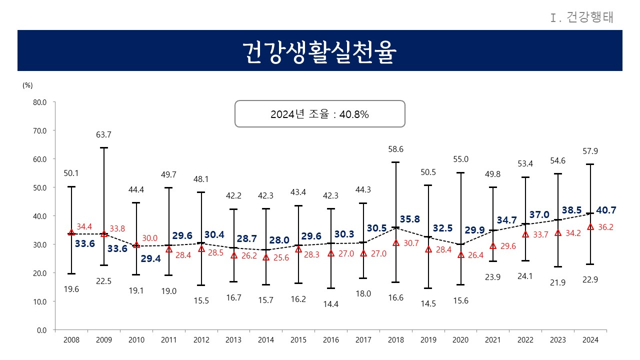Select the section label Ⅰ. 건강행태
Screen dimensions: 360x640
[x=581, y=18]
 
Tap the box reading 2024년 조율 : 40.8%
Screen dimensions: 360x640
[x=319, y=114]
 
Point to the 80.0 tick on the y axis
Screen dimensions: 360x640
[x=39, y=102]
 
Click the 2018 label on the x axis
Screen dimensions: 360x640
[x=395, y=340]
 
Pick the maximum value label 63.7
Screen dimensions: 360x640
[x=103, y=135]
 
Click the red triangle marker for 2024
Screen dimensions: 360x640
[x=590, y=226]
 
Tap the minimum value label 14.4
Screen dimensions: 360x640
[x=330, y=303]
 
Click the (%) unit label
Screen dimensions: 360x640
[x=27, y=85]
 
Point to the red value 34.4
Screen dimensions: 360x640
[x=84, y=226]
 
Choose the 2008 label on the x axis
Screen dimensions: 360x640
[x=71, y=340]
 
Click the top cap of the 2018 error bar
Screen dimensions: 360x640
[x=395, y=162]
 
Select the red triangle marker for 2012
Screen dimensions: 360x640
[x=201, y=248]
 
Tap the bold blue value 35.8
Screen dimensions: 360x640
[x=409, y=219]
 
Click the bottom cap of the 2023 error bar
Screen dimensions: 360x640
[x=558, y=267]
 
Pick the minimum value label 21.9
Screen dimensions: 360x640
[x=558, y=282]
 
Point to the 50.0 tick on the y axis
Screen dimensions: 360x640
[x=39, y=187]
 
